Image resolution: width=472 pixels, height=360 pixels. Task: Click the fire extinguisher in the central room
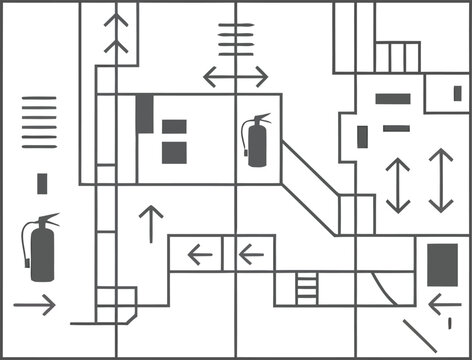click(x=258, y=141)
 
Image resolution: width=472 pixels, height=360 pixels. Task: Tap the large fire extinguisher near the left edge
click(x=40, y=251)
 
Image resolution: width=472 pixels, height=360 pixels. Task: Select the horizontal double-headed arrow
click(x=235, y=76)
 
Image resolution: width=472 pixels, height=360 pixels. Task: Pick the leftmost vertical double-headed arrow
click(x=398, y=185)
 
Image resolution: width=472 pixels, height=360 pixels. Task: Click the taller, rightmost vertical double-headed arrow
click(x=441, y=180)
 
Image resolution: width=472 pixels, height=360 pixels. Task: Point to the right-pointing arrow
click(x=35, y=305)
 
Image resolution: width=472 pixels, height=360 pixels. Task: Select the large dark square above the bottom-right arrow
click(x=442, y=265)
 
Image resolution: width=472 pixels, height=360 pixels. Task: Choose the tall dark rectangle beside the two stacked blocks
click(x=145, y=113)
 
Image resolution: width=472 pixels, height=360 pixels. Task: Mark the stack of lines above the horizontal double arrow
click(x=237, y=41)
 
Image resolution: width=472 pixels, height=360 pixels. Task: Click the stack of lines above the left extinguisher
click(x=39, y=122)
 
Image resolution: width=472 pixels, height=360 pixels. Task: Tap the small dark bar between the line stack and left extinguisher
click(x=42, y=184)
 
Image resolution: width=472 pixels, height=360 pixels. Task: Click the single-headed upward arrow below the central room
click(x=151, y=224)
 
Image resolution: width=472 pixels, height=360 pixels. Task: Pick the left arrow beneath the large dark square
click(x=443, y=303)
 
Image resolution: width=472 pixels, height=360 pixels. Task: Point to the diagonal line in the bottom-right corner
click(x=420, y=334)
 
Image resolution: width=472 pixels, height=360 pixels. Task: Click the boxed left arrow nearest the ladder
click(x=254, y=254)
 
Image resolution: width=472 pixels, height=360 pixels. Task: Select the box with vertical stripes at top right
click(x=397, y=56)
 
